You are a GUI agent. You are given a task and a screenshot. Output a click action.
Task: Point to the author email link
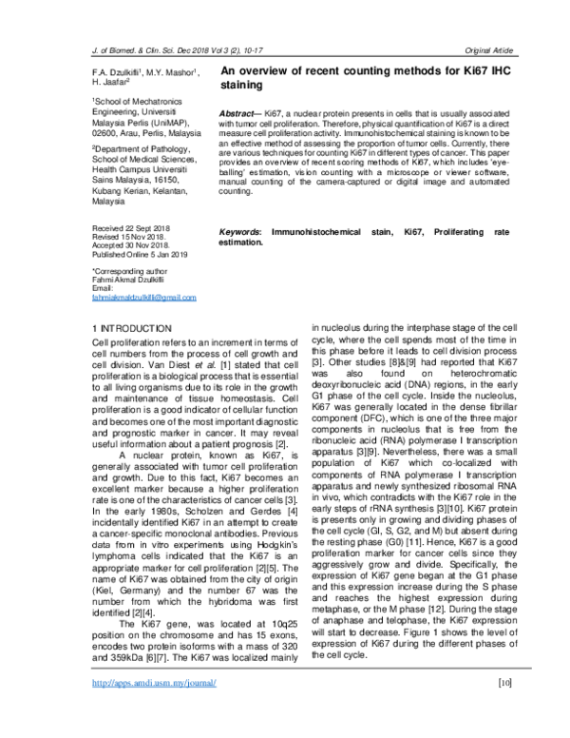click(x=143, y=297)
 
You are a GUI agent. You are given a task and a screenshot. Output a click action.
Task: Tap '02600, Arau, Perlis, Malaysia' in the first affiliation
click(x=145, y=134)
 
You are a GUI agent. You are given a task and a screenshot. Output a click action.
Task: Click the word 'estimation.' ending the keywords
click(x=242, y=243)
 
